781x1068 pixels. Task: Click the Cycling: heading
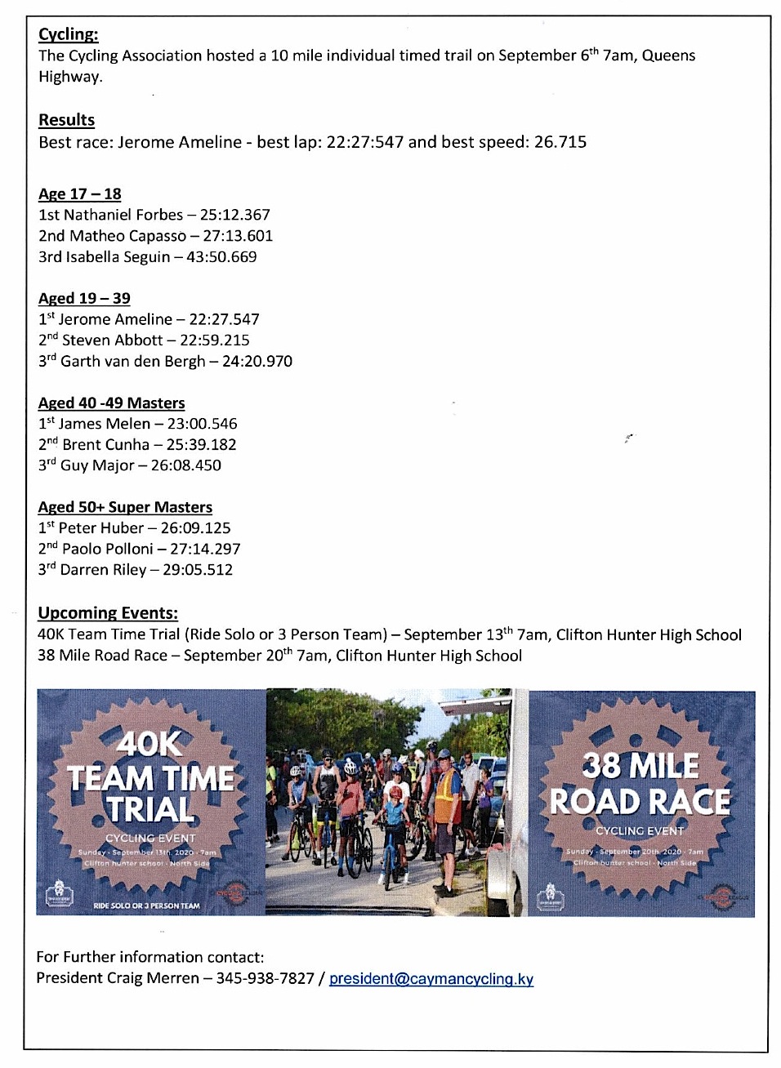[x=69, y=34]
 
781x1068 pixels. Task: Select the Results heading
[x=67, y=120]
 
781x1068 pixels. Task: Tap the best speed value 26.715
[x=560, y=142]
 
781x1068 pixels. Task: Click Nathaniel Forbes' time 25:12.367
[x=234, y=215]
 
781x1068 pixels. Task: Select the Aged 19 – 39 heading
[x=84, y=298]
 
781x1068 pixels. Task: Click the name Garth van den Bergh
[x=132, y=362]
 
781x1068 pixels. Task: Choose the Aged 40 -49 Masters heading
[x=111, y=403]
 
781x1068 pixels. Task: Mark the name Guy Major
[x=97, y=465]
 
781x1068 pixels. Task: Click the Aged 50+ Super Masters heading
[x=125, y=507]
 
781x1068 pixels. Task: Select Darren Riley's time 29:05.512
[x=198, y=570]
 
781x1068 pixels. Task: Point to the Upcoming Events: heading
[x=108, y=613]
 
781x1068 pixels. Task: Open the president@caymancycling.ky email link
[x=431, y=979]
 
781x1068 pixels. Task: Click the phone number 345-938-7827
[x=265, y=978]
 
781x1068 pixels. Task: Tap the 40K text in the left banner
[x=149, y=744]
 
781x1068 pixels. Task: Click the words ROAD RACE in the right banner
[x=640, y=802]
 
